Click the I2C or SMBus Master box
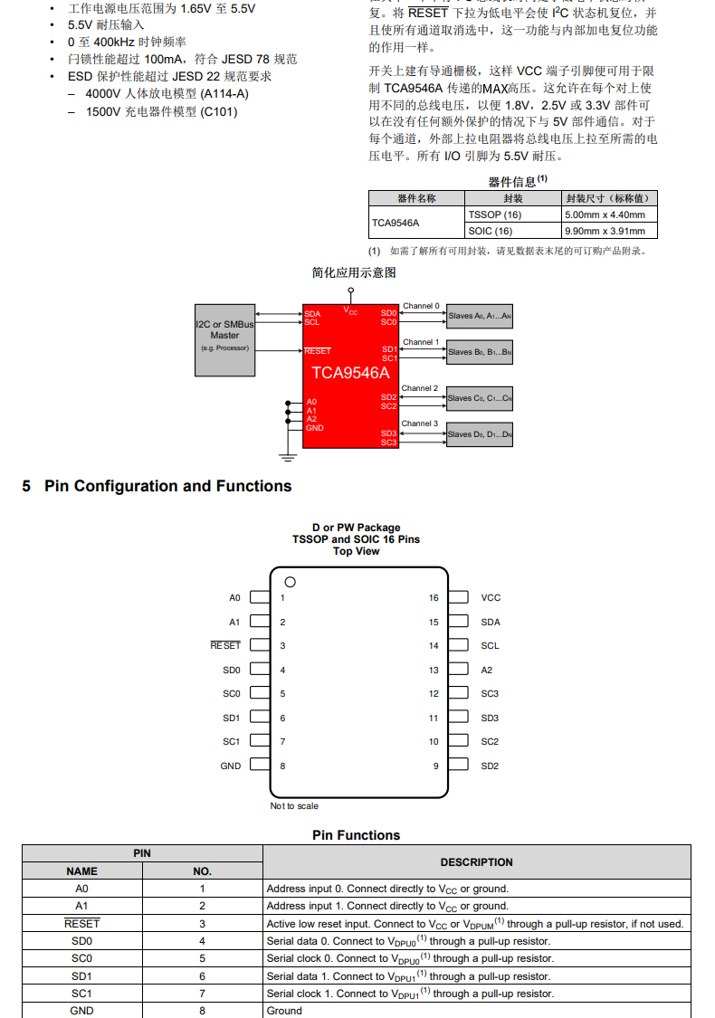pos(225,339)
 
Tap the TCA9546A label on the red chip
pos(350,373)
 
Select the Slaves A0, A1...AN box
pos(480,316)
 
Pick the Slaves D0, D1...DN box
pos(480,434)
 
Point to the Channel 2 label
pos(420,388)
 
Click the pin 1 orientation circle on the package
pos(291,582)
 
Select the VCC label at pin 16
pos(491,598)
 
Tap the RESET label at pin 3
pos(226,646)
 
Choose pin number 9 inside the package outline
pos(435,766)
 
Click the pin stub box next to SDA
pos(458,622)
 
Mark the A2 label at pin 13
pos(487,671)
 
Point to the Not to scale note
pos(294,806)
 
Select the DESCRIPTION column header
pos(476,862)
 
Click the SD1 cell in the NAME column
pos(81,976)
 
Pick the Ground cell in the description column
pos(284,1011)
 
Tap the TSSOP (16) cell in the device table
pos(494,215)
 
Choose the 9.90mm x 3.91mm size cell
pos(605,231)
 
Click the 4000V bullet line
pos(167,94)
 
